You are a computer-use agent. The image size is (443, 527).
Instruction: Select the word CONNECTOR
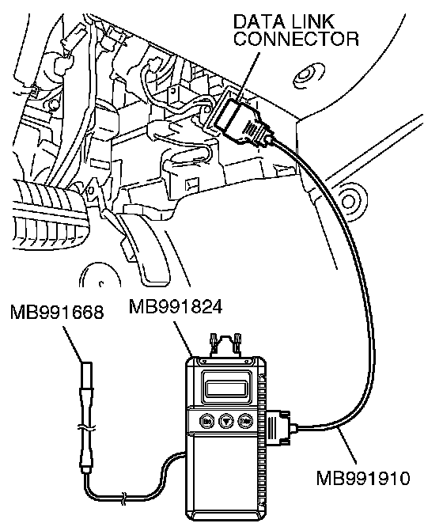297,39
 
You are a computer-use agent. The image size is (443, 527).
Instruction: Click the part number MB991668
57,313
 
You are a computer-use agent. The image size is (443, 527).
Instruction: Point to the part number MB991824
176,306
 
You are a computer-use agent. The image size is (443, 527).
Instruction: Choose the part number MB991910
363,478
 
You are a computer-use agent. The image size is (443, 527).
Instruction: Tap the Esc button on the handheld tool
206,421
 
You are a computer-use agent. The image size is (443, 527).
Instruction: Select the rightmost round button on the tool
245,421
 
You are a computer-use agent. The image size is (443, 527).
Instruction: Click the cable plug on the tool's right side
280,427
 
